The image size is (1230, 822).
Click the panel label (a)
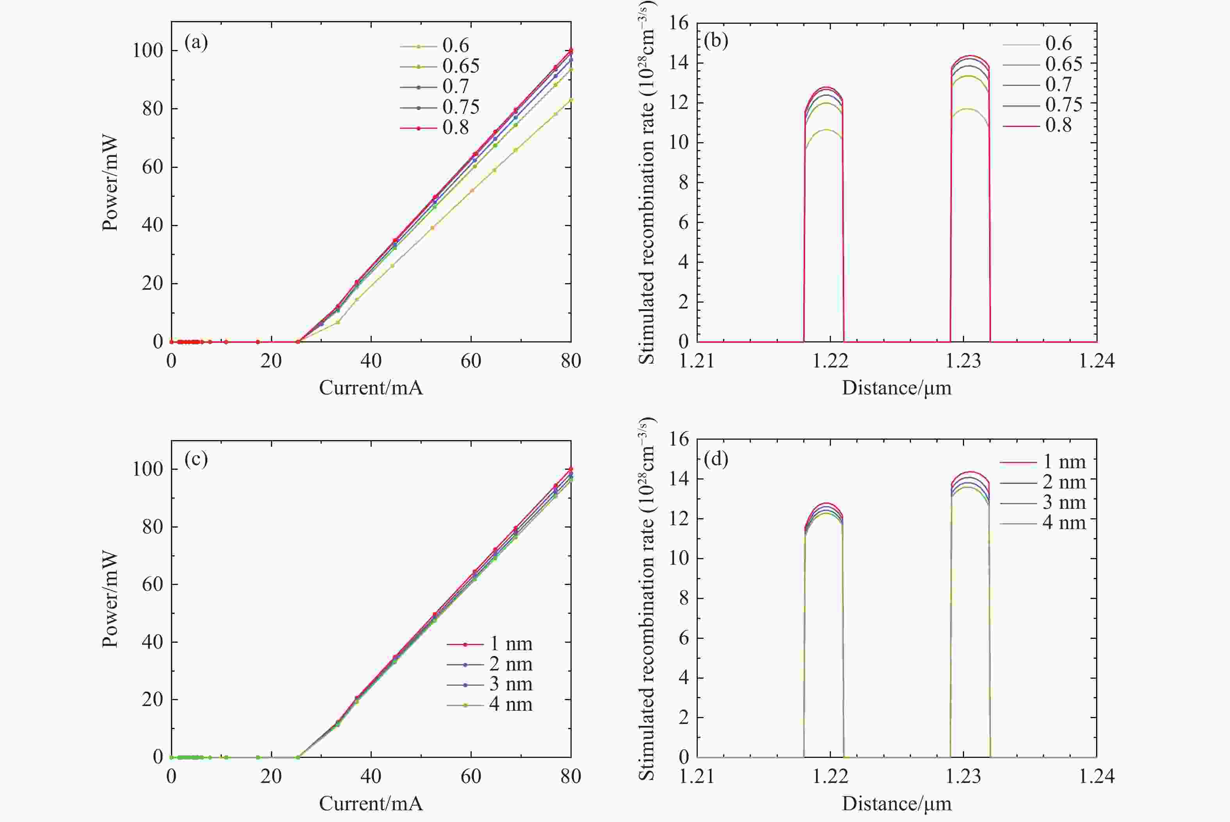pos(196,42)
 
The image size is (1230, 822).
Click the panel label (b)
pos(716,40)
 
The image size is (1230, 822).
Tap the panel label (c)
pos(196,459)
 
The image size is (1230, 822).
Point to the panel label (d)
pos(716,459)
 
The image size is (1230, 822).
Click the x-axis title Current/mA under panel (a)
pos(371,388)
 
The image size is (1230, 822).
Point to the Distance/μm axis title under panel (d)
pos(896,804)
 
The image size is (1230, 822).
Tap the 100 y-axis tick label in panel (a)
pos(148,51)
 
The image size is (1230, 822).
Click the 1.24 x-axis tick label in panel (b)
pos(1096,361)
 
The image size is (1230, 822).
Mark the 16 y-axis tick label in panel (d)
pos(679,439)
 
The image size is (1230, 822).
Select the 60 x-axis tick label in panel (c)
pos(471,776)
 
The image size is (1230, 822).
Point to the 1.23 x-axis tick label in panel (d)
pos(963,776)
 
